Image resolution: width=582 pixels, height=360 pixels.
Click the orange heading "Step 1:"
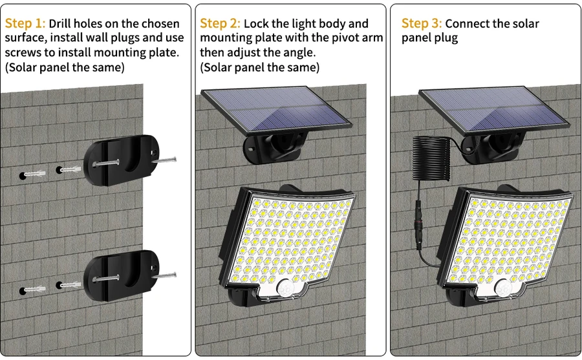(25, 23)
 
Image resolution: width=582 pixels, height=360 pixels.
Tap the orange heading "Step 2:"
(220, 23)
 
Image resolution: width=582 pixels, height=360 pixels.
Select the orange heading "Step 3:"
(422, 23)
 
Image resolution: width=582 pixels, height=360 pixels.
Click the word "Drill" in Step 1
(59, 23)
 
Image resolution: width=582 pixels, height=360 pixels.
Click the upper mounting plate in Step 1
(122, 160)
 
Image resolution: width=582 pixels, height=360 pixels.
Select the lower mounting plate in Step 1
(122, 275)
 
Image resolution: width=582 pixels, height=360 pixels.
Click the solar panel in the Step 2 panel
(276, 111)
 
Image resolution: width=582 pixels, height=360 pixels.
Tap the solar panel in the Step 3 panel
(494, 111)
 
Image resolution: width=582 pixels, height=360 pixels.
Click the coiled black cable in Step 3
(431, 158)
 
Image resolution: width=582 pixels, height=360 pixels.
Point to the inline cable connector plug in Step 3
(418, 225)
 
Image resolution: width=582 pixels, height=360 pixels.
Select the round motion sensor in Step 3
(504, 288)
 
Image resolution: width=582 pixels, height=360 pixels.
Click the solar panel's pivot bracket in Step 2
(275, 148)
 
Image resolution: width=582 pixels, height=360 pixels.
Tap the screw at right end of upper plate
(164, 160)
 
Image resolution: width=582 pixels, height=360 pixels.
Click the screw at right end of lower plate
(164, 276)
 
